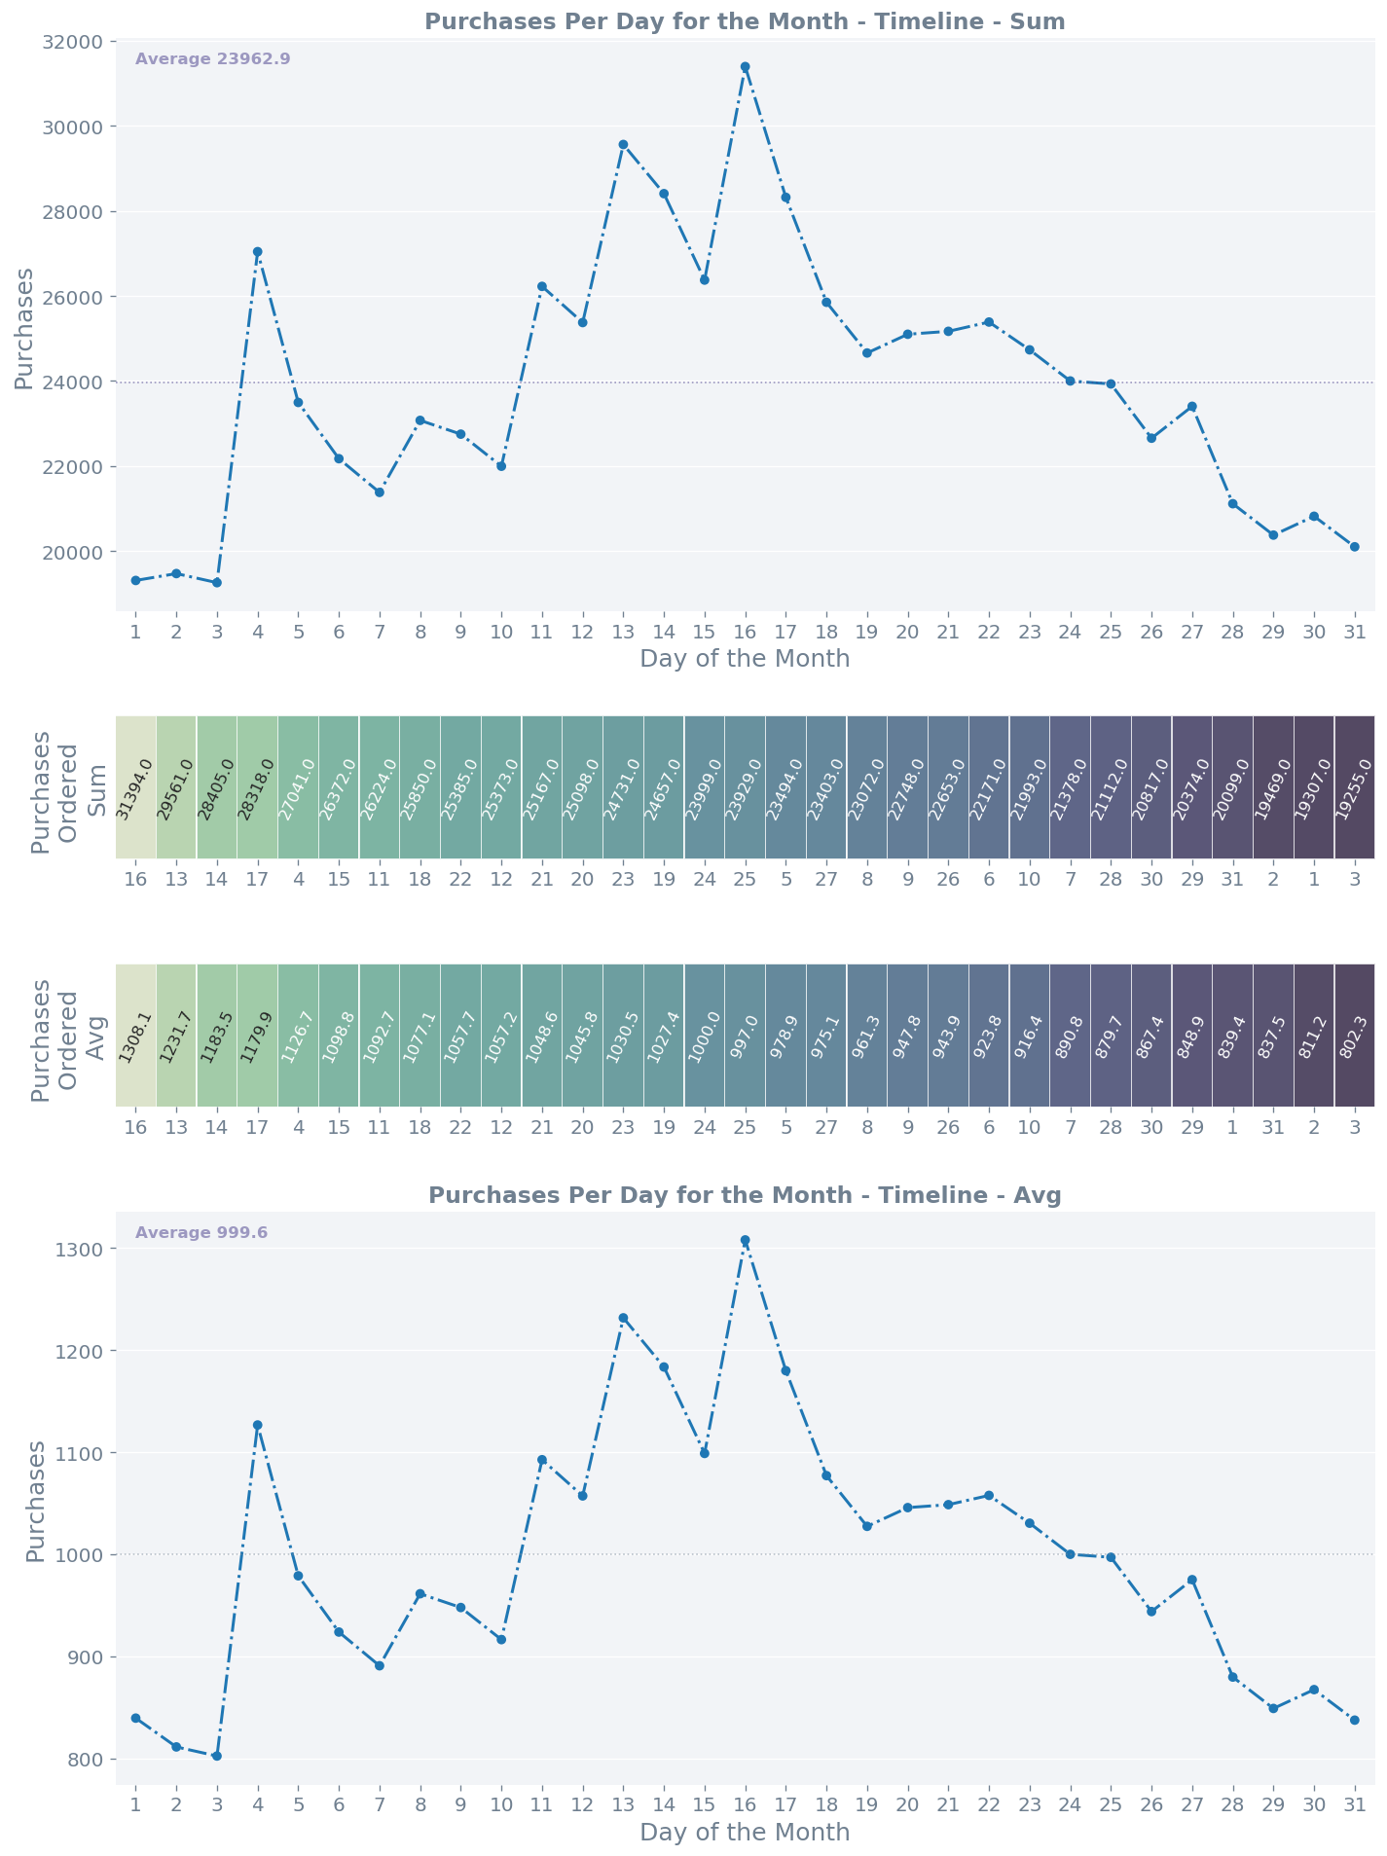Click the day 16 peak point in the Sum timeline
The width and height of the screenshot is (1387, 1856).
click(x=745, y=67)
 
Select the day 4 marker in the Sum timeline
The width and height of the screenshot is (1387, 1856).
click(x=258, y=252)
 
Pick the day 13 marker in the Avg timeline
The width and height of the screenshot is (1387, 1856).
click(x=623, y=1318)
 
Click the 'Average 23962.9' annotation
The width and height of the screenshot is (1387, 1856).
click(x=212, y=59)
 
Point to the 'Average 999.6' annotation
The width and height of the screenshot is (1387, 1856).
click(x=201, y=1233)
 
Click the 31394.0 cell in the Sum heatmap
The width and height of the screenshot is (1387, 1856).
click(x=136, y=787)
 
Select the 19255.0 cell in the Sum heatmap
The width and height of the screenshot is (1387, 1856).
click(x=1354, y=787)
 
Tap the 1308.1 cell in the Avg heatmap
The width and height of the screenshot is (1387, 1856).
click(x=136, y=1036)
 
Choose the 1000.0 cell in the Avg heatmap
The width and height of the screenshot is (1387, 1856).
click(x=705, y=1036)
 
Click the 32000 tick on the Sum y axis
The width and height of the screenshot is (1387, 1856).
click(x=75, y=42)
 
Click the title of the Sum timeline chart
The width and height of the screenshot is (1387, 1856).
click(x=745, y=21)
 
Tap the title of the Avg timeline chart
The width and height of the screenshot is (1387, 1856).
click(x=745, y=1195)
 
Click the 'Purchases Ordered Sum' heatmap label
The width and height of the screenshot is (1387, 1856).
click(x=68, y=787)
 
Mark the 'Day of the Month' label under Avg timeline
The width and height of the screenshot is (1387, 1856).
click(x=745, y=1833)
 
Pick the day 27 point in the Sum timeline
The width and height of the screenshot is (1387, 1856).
click(x=1191, y=407)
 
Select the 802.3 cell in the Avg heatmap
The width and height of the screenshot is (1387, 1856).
click(x=1354, y=1036)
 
